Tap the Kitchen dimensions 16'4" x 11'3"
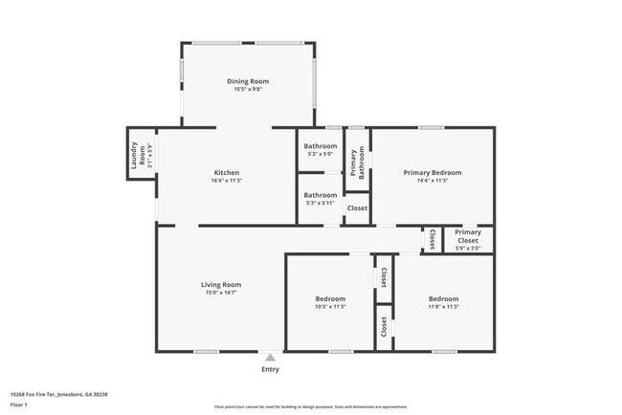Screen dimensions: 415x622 tap(227, 181)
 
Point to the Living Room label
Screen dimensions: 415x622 tap(220, 284)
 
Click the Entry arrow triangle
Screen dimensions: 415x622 tap(271, 357)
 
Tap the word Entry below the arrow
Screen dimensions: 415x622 tap(271, 369)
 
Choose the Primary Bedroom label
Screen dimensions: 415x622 tap(433, 172)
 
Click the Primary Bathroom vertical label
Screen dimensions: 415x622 tap(357, 162)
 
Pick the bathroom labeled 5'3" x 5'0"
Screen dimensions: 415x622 tap(321, 149)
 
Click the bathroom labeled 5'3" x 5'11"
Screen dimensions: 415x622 tap(321, 198)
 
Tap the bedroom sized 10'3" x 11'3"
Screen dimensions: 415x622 tap(330, 302)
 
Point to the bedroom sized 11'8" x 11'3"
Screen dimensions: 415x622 tap(444, 302)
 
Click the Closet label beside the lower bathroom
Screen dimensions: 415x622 tap(357, 207)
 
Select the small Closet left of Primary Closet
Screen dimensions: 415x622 tap(432, 239)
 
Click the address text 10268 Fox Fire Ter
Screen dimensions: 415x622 tap(58, 394)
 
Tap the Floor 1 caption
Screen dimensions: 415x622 tap(18, 404)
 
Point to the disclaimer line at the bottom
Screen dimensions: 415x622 tap(310, 407)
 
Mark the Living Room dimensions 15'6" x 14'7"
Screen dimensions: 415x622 tap(220, 293)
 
